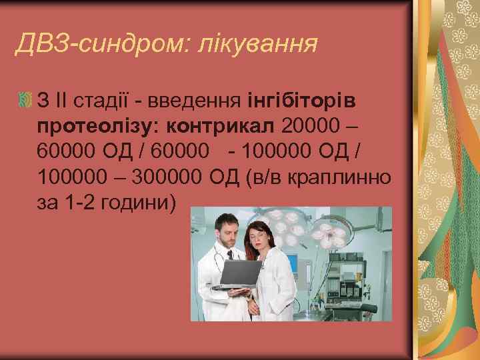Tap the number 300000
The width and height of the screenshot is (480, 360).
[169, 178]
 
